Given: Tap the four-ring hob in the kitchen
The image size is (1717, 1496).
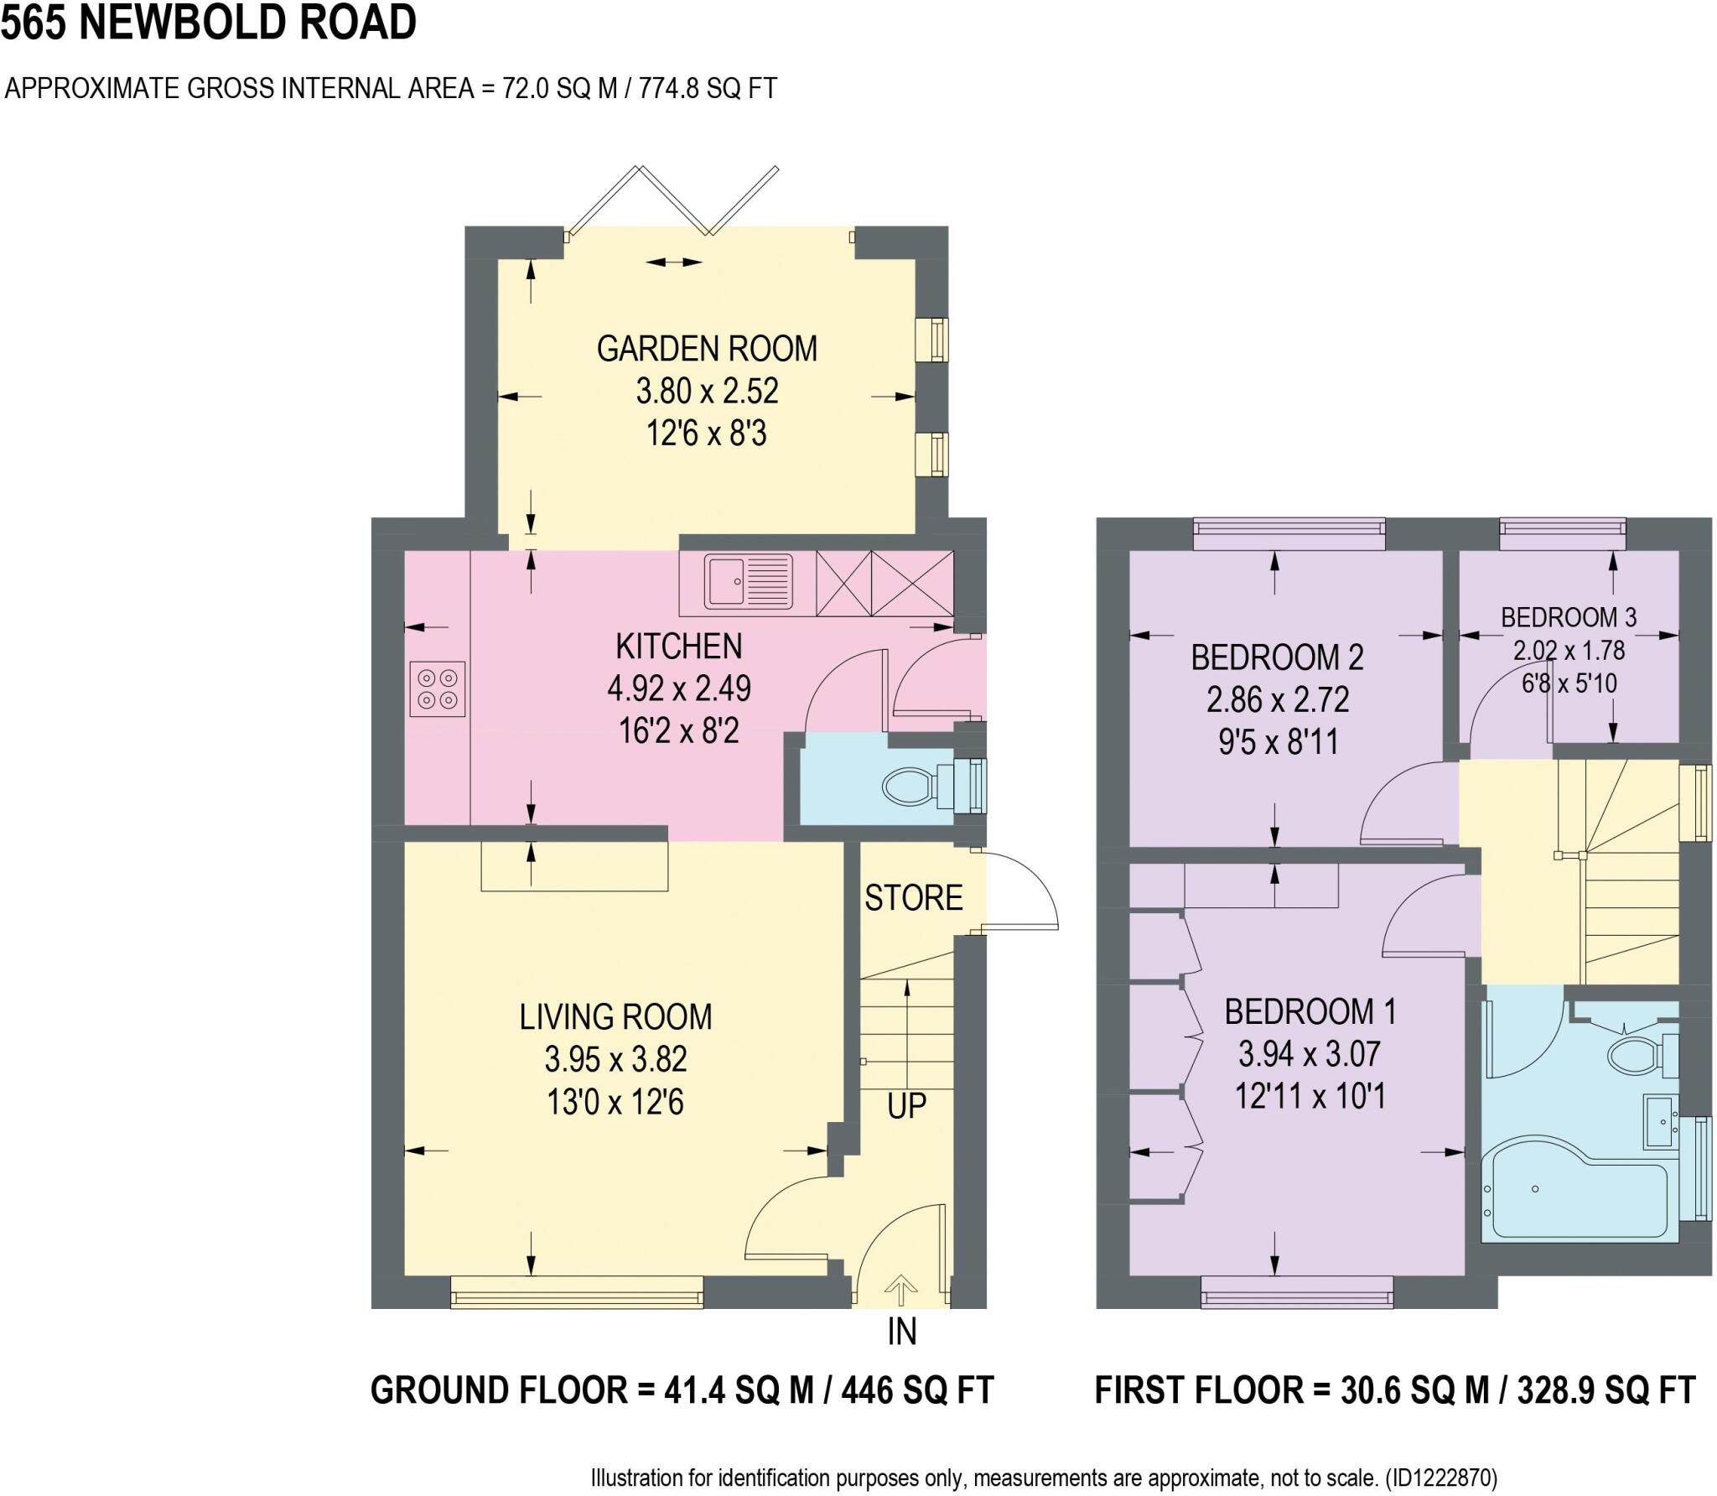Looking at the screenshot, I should (437, 688).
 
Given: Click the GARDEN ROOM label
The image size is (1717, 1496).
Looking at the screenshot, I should (707, 349).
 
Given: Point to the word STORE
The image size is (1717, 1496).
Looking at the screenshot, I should (913, 898).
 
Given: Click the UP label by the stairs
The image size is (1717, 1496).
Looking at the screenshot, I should (906, 1106).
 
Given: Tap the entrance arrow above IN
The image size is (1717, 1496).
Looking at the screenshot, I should (900, 1290).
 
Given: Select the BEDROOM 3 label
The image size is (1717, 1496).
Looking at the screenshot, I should (1568, 617).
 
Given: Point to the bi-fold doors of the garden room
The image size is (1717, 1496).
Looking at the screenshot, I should (671, 201).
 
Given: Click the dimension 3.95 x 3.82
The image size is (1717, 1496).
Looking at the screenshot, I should (615, 1059).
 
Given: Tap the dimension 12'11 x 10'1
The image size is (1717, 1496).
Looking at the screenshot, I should (1310, 1096).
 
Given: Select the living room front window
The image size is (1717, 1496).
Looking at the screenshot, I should (577, 1291).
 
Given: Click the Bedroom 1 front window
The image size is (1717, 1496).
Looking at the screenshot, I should (1296, 1291).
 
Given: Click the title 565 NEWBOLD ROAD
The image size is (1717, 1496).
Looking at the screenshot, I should (209, 23).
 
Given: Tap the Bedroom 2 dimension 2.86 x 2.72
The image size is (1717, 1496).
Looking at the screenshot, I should (1277, 699).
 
